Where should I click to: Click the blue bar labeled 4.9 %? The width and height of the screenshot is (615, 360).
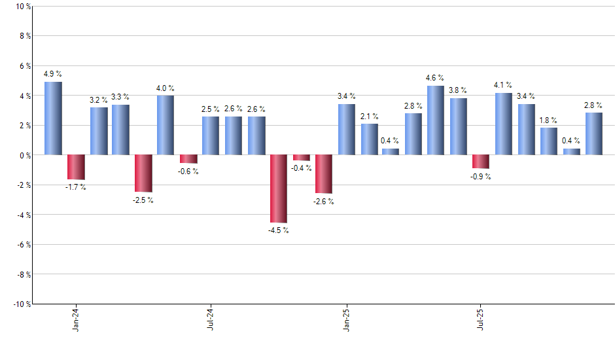pos(53,118)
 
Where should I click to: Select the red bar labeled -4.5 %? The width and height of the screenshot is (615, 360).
pos(279,189)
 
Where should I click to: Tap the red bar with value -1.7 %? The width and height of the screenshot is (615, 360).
pos(76,167)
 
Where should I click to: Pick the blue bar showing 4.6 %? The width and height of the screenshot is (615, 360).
pos(436,120)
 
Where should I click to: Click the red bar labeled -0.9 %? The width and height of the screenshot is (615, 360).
pos(481,162)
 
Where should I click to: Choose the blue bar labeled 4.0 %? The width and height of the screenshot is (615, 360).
pos(166,125)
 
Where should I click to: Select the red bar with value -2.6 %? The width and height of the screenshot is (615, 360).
pos(324,174)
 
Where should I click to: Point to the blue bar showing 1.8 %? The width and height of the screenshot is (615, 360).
pos(549,141)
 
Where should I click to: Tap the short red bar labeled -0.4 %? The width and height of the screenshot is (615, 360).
pos(302,158)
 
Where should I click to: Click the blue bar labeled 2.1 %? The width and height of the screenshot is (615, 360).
pos(369,139)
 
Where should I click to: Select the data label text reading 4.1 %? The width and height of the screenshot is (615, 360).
pos(503,85)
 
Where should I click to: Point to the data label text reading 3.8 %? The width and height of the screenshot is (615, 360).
pos(458,90)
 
